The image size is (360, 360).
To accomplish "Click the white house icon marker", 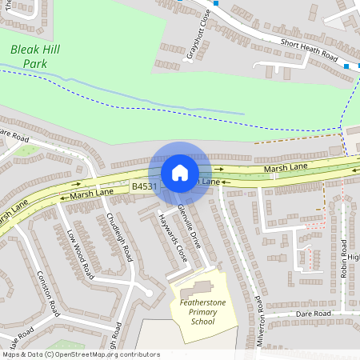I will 179,173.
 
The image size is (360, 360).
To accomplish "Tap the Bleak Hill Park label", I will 34,57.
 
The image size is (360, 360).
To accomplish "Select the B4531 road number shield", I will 145,186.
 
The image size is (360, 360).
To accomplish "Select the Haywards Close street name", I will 171,238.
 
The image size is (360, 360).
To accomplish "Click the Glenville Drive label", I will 192,227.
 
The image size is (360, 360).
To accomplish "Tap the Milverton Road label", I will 259,320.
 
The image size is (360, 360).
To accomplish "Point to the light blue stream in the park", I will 160,100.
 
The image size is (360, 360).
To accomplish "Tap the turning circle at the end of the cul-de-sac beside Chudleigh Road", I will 149,293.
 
